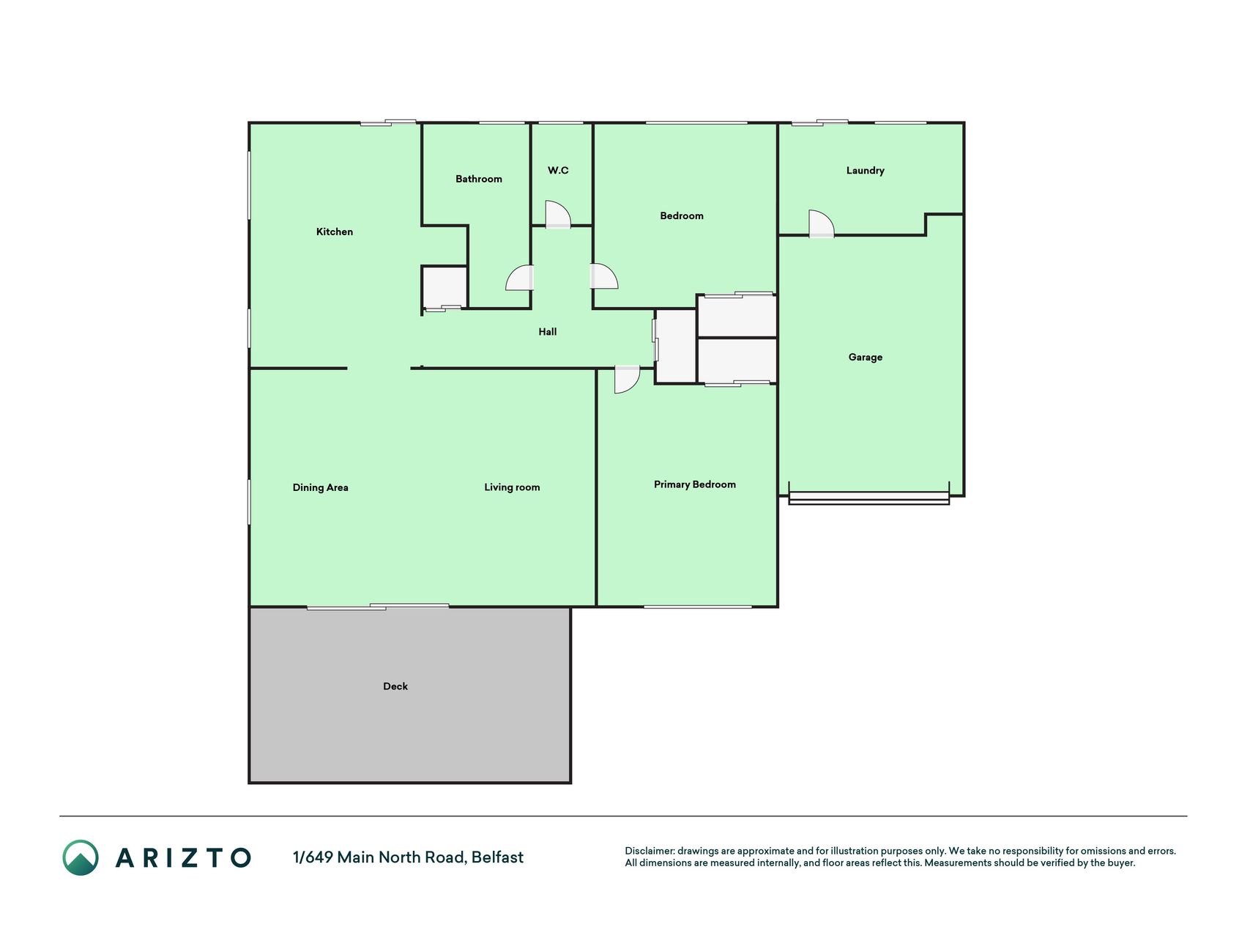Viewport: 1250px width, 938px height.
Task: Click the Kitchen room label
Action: point(335,232)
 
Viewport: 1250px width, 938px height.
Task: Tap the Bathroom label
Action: point(479,179)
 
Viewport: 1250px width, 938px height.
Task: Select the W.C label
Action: point(558,170)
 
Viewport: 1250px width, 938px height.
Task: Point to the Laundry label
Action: point(866,171)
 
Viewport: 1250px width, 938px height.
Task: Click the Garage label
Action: point(866,358)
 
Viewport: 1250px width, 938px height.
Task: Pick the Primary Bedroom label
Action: point(695,484)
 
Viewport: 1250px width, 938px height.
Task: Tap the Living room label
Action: point(512,487)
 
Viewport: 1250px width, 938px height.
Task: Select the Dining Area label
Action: point(321,487)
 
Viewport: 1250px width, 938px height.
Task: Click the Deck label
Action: point(395,687)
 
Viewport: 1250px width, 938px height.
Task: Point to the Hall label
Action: point(548,332)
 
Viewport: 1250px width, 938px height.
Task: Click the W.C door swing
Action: point(558,214)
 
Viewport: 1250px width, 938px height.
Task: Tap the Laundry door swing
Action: point(821,224)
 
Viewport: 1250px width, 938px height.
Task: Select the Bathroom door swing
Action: point(520,278)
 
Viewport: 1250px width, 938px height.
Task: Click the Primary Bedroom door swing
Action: point(627,380)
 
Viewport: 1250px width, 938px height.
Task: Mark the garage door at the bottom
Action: point(868,498)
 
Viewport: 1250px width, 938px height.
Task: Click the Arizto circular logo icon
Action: point(81,857)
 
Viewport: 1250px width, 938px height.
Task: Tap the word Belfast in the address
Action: point(497,857)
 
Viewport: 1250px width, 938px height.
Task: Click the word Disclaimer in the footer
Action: point(650,851)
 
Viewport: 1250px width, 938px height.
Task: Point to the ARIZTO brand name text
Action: point(183,857)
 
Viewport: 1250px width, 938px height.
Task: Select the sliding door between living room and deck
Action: point(378,607)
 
